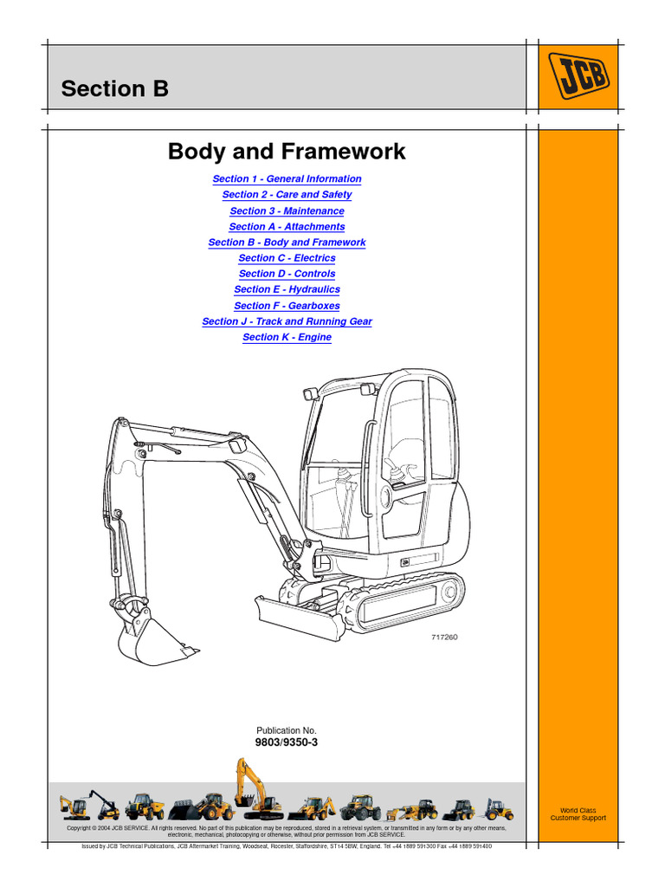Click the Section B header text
[x=114, y=89]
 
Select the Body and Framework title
[x=287, y=152]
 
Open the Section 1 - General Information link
[x=287, y=179]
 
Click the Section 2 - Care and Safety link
[x=287, y=195]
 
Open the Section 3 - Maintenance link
[x=287, y=211]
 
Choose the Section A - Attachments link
[x=287, y=227]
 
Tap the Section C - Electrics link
[x=287, y=258]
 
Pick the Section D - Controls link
[x=287, y=274]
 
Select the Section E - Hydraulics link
[x=287, y=289]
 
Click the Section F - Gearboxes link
[x=287, y=306]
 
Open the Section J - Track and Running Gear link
[x=287, y=321]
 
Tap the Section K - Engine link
[x=287, y=337]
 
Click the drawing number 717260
[x=444, y=638]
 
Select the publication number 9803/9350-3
[x=287, y=743]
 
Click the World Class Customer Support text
[x=578, y=814]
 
